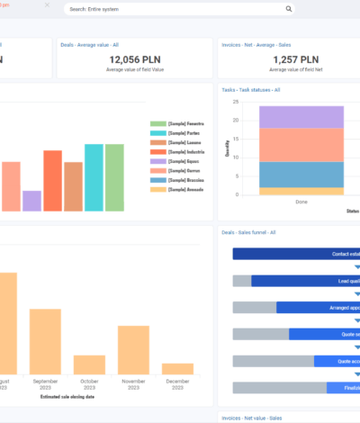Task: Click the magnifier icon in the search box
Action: tap(289, 9)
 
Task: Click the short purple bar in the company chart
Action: tap(31, 200)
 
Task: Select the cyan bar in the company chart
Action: tap(94, 177)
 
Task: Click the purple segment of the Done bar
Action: tap(301, 117)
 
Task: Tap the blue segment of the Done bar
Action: tap(301, 174)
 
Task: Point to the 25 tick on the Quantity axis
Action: tap(235, 102)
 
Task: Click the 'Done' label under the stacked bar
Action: tap(301, 202)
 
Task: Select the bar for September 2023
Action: tap(45, 335)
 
